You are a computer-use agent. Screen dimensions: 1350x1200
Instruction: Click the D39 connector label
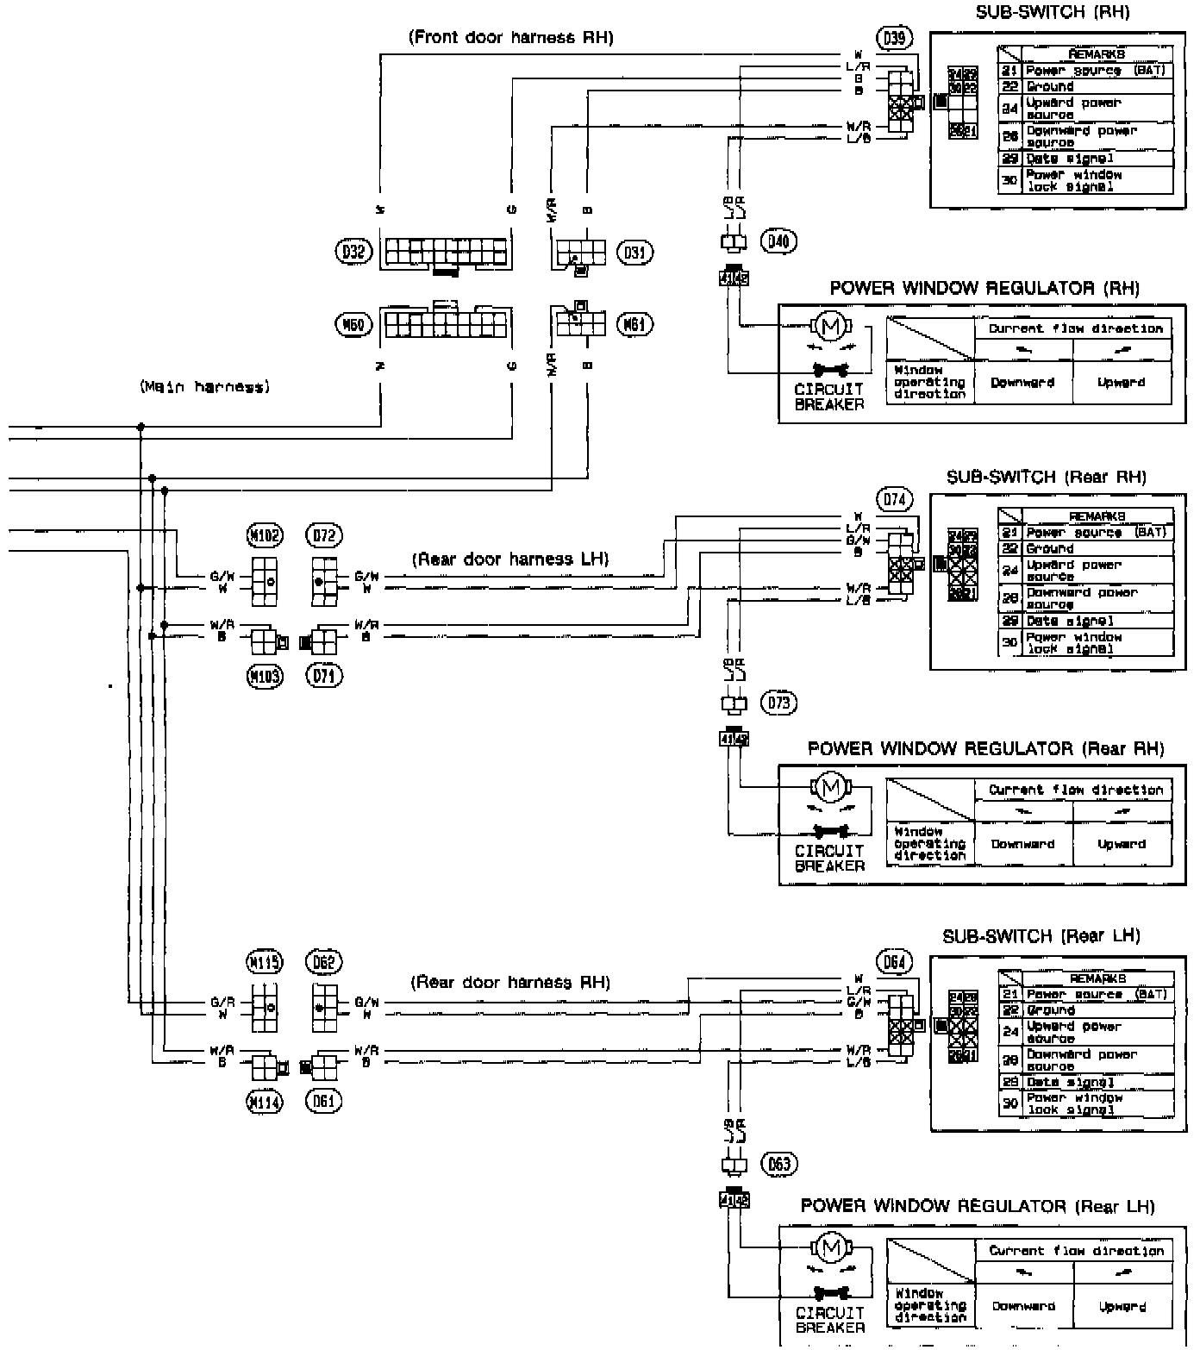coord(894,37)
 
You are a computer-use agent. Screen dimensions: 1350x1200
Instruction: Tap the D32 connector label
coord(352,252)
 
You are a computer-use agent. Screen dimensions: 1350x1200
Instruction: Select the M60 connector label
coord(352,324)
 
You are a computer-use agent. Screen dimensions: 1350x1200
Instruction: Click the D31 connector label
coord(634,253)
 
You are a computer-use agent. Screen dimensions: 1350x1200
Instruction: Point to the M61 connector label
coord(634,324)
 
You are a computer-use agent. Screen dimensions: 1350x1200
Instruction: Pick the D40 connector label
coord(778,241)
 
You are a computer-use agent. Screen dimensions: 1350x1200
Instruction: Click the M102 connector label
coord(265,535)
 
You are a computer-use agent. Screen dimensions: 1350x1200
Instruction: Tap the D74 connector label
coord(895,499)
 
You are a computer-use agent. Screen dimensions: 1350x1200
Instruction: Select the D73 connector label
coord(778,703)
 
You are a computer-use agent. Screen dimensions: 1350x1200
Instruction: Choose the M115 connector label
coord(265,961)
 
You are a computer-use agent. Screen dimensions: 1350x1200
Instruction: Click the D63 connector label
coord(778,1165)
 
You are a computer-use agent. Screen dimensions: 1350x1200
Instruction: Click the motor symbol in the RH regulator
coord(831,326)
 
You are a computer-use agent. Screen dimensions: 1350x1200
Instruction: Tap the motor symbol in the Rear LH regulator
coord(831,1247)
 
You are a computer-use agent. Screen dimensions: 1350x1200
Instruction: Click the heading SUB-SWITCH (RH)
coord(1052,12)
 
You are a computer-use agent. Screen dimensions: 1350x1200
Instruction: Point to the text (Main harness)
coord(204,387)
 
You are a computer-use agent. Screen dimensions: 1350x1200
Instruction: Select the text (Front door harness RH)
coord(510,37)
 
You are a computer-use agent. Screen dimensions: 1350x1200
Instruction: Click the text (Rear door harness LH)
coord(510,559)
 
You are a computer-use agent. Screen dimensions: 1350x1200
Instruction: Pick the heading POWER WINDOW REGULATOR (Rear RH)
coord(985,748)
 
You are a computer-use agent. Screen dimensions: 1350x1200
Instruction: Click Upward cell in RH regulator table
coord(1122,382)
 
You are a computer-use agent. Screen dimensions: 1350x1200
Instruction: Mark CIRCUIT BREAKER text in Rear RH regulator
coord(829,858)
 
